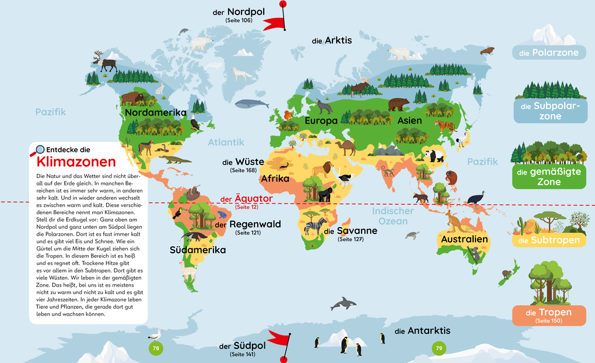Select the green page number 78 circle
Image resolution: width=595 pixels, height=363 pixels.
click(x=155, y=348)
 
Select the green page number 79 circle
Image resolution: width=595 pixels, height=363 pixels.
click(x=438, y=348)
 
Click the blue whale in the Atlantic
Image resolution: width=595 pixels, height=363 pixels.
click(x=251, y=104)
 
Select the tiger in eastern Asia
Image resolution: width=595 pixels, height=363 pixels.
click(x=444, y=125)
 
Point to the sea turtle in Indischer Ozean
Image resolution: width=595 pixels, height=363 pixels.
click(x=413, y=235)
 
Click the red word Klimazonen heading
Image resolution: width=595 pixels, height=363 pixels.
click(x=76, y=162)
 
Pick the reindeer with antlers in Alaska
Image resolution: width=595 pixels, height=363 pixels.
click(x=106, y=61)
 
